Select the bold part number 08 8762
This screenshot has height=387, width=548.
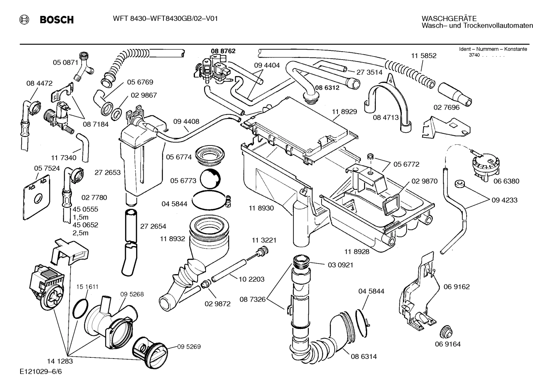[223, 51]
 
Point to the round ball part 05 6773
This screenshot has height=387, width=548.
[210, 179]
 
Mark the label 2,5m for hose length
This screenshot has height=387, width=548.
[80, 233]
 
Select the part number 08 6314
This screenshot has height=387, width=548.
[364, 356]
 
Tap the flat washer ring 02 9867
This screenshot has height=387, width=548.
[117, 112]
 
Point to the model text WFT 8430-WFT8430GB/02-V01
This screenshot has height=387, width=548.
[165, 18]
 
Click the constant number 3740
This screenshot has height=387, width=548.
[474, 55]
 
